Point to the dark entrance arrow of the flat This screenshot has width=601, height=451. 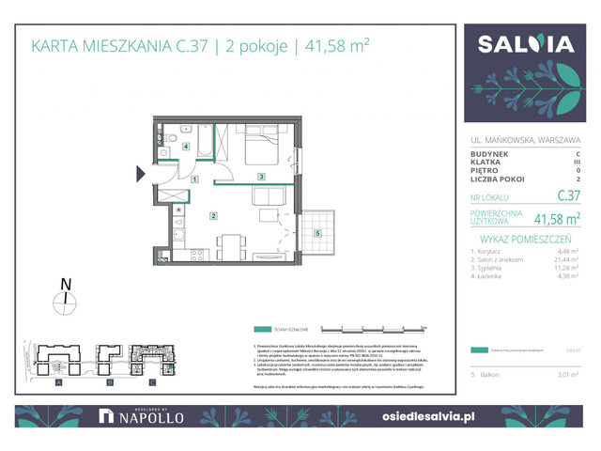(x=141, y=173)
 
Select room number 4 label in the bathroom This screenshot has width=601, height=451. (x=186, y=148)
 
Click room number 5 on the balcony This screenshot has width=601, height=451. (x=317, y=233)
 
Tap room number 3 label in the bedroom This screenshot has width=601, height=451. (x=262, y=177)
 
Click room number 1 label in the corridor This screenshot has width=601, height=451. (x=194, y=179)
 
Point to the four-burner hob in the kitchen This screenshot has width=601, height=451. (x=196, y=254)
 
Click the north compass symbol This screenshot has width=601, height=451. (x=65, y=300)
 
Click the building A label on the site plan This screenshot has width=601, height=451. (x=58, y=384)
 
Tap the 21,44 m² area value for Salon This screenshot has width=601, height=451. (x=562, y=257)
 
